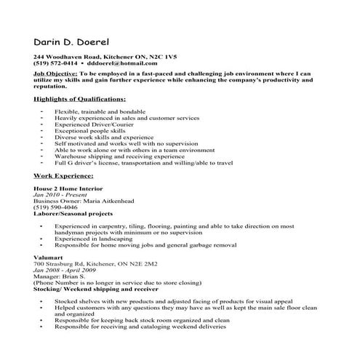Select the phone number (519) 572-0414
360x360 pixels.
[x=54, y=64]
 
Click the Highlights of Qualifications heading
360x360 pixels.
[x=79, y=97]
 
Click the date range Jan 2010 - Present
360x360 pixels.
[x=57, y=196]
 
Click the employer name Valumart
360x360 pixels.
[x=47, y=257]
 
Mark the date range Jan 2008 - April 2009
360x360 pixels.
[x=64, y=270]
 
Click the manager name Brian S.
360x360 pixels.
[x=73, y=276]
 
